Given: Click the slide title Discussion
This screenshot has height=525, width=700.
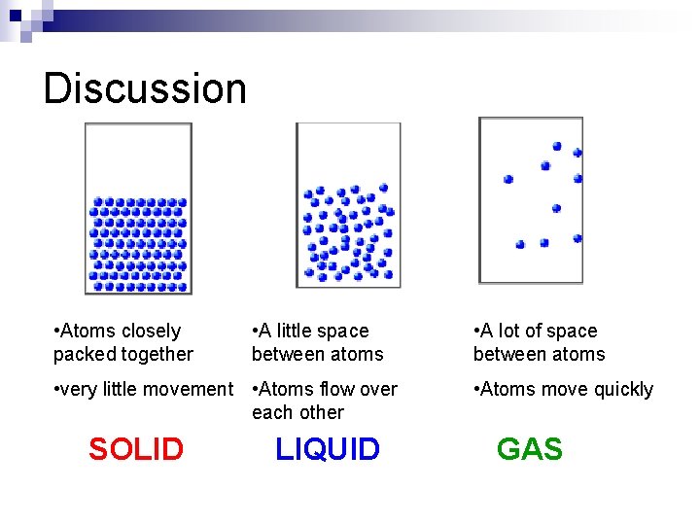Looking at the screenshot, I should [145, 88].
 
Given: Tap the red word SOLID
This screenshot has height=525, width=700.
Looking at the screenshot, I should [135, 449].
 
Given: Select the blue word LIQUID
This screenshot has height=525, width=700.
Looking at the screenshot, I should [328, 449].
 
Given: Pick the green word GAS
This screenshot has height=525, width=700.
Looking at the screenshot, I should [529, 449].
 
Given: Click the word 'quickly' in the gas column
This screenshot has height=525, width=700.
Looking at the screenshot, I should [619, 390].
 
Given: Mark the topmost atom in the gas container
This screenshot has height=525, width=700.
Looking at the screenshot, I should [557, 146].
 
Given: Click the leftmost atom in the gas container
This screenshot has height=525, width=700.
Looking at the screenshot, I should [508, 179].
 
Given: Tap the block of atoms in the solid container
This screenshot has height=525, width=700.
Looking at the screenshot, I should [137, 244].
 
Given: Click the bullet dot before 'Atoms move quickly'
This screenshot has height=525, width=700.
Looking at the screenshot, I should [476, 389].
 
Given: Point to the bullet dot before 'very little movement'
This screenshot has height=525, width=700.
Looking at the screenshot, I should [58, 389].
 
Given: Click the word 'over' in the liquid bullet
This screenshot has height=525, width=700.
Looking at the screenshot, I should [378, 390].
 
